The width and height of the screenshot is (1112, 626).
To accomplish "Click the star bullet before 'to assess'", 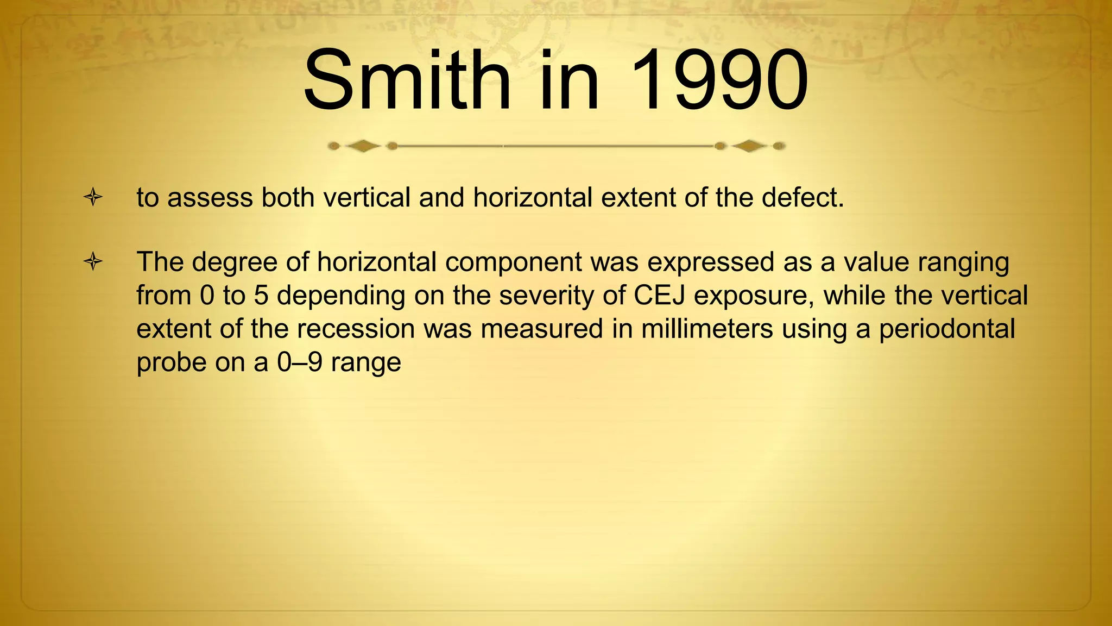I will [93, 197].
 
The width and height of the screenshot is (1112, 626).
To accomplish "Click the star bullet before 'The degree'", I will [93, 262].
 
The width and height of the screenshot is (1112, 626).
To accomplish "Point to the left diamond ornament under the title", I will [363, 146].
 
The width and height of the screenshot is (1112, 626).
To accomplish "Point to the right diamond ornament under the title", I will [749, 146].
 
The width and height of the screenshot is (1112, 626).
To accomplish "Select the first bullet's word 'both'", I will [288, 197].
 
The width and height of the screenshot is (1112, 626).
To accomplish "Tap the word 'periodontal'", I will [947, 329].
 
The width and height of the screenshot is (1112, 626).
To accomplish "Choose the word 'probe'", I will [170, 363].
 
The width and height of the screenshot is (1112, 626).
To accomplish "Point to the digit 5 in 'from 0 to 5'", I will [261, 296].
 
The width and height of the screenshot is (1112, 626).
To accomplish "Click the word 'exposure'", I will [754, 296].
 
